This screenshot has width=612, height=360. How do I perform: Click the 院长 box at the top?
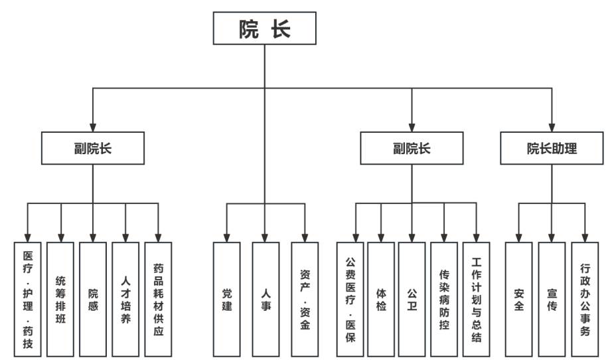coord(264,29)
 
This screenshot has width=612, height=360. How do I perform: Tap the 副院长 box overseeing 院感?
coord(92,148)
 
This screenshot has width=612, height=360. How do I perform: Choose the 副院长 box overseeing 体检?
coord(411,148)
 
